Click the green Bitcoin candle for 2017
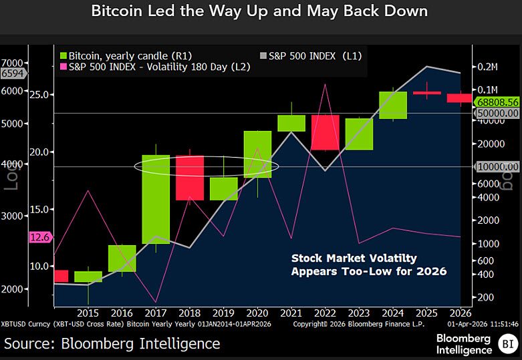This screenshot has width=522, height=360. point(155,199)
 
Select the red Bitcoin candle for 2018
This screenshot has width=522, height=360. point(190,178)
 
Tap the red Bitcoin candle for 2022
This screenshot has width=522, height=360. point(325,132)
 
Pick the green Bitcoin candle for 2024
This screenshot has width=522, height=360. point(393,105)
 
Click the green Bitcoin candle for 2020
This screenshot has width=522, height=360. point(257,154)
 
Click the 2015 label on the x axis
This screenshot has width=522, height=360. point(88,313)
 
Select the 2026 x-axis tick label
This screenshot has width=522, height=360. point(460,313)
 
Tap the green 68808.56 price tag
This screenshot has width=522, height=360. point(498,102)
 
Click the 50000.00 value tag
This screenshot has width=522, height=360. point(498,114)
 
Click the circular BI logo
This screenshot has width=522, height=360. point(506,344)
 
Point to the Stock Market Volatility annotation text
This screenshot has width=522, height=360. point(369,264)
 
